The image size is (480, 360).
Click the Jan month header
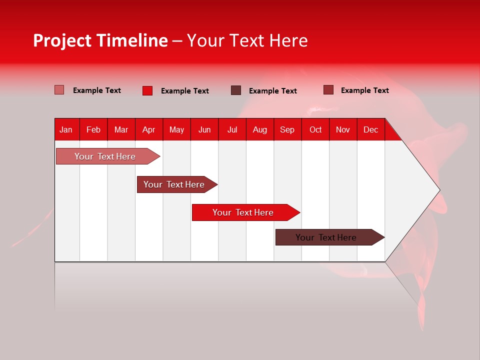[66, 129]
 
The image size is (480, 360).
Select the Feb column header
[93, 129]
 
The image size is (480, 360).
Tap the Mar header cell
[121, 129]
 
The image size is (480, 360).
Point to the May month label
[176, 129]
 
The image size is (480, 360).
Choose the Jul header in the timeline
[232, 129]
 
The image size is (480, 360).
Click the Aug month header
[259, 129]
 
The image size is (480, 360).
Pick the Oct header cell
[315, 129]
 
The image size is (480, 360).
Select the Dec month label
[370, 129]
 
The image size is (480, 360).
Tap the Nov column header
[343, 129]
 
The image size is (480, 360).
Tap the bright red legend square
[147, 90]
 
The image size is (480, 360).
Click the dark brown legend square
[236, 90]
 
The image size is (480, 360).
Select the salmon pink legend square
[59, 90]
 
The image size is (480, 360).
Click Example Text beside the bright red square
[184, 91]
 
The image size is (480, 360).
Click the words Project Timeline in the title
[100, 40]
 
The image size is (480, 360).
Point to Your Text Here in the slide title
[247, 40]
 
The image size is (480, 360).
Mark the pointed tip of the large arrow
[438, 190]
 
